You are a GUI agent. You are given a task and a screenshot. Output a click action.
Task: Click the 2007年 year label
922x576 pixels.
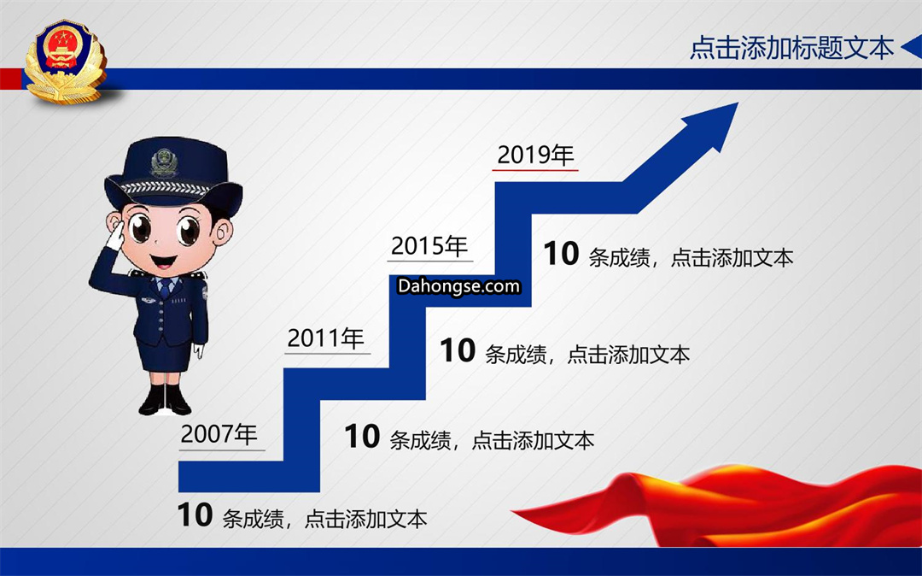pos(219,434)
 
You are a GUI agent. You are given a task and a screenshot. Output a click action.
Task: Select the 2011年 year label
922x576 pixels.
pos(326,338)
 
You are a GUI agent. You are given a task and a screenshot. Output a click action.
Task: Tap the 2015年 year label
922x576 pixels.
pos(429,246)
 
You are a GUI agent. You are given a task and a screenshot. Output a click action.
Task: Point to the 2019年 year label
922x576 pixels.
pos(535,155)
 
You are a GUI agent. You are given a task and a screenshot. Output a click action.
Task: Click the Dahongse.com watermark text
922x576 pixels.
pos(458,286)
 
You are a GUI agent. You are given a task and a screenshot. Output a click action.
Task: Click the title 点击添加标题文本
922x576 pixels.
pos(791,48)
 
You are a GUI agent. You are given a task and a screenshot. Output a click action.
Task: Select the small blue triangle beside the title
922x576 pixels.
pos(912,46)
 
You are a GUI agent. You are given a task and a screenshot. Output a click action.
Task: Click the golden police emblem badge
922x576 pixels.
pos(65,62)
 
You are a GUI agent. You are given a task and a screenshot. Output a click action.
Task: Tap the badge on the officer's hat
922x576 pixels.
pos(164,162)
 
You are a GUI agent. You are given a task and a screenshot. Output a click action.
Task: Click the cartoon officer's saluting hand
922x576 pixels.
pos(116,236)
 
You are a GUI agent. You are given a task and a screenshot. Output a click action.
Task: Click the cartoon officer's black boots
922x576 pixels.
pos(165,400)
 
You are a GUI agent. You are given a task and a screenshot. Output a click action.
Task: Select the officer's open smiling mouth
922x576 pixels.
pos(163,260)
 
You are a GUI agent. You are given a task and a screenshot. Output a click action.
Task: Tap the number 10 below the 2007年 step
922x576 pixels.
pos(195,515)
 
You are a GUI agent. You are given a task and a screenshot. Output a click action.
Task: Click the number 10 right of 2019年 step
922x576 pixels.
pos(561,254)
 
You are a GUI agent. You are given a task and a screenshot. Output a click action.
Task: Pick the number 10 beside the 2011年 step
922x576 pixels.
pos(362,437)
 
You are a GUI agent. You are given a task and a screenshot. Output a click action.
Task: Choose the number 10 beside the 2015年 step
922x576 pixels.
pos(458,350)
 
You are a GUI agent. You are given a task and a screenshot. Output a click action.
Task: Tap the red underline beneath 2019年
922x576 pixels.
pos(535,170)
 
